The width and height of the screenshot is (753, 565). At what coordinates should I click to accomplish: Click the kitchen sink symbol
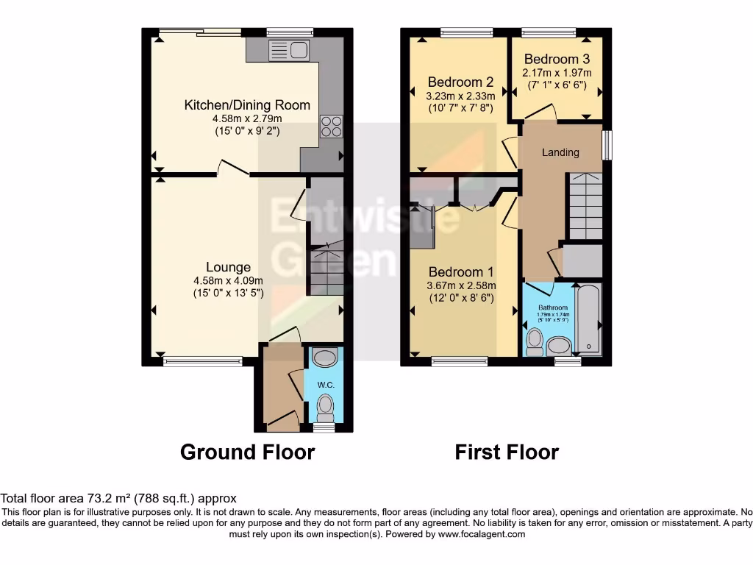[288, 50]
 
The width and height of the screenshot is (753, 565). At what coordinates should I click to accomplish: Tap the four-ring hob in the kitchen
[330, 127]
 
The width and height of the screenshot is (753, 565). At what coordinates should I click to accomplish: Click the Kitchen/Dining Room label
[247, 105]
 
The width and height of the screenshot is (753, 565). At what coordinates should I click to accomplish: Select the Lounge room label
[228, 267]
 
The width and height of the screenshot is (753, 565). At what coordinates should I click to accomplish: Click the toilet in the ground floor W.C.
[324, 405]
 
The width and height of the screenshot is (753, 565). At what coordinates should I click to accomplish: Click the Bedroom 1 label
[461, 271]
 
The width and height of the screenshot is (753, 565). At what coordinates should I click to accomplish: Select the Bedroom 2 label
[460, 82]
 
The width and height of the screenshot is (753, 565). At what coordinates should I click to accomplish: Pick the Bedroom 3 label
[557, 59]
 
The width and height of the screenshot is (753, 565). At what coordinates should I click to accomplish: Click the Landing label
[560, 152]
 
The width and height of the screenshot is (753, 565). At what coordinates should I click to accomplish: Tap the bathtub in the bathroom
[588, 320]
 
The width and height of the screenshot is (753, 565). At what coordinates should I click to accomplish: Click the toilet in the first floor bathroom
[535, 340]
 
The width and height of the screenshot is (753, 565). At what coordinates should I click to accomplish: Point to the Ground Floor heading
[247, 452]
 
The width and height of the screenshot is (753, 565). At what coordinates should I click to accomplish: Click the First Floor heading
[507, 452]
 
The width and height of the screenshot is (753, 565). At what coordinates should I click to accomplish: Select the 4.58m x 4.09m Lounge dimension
[228, 280]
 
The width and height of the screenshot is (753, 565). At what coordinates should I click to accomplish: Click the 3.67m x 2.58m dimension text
[461, 285]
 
